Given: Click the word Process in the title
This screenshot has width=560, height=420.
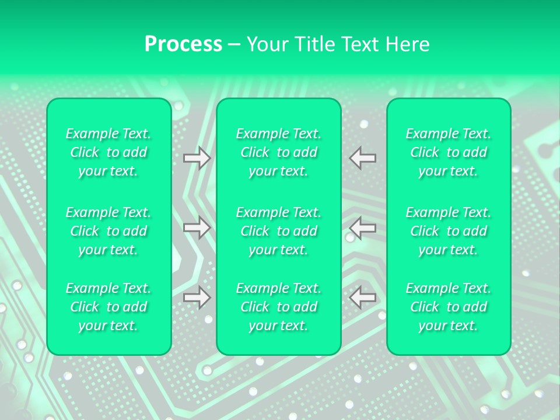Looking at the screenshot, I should [183, 44].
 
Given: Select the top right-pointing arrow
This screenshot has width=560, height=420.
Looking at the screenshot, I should [197, 158].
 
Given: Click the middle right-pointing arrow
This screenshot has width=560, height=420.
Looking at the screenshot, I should [197, 228].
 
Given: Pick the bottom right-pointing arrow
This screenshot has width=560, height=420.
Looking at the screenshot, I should [197, 297].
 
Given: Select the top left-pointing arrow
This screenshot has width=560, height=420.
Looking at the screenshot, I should [363, 158].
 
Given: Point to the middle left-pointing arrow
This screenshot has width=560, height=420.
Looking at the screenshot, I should [363, 228].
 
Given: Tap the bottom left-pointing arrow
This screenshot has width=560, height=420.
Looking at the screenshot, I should [363, 297].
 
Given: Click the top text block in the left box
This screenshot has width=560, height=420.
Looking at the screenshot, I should [108, 152].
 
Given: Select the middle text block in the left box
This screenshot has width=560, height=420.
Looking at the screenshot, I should [108, 231].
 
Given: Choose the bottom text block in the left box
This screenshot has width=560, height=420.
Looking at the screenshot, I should [108, 307].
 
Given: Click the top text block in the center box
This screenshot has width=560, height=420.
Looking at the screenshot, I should [279, 152].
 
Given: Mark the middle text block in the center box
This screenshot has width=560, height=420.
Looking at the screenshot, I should [279, 231].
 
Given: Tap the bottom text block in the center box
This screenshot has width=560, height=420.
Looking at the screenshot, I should [279, 307].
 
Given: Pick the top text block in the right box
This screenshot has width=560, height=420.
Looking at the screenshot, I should [449, 152].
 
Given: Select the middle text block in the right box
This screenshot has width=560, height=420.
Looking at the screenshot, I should [449, 231].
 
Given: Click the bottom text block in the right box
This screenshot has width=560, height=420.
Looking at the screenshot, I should [449, 307].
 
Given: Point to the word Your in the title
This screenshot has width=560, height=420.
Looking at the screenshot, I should [265, 44].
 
